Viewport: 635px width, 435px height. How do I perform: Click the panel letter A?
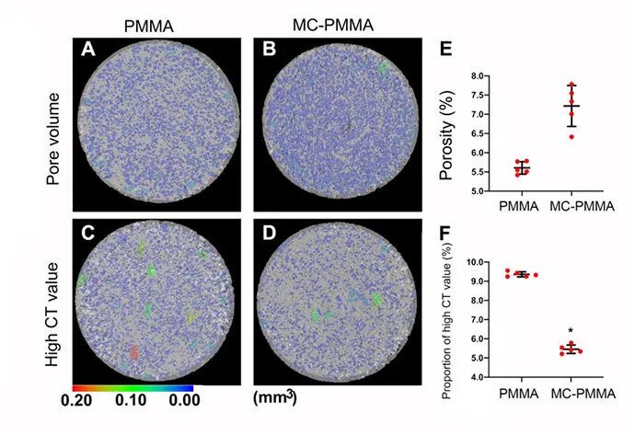(89, 52)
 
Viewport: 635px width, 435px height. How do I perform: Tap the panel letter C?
(89, 230)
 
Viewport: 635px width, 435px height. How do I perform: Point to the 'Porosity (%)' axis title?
(450, 134)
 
